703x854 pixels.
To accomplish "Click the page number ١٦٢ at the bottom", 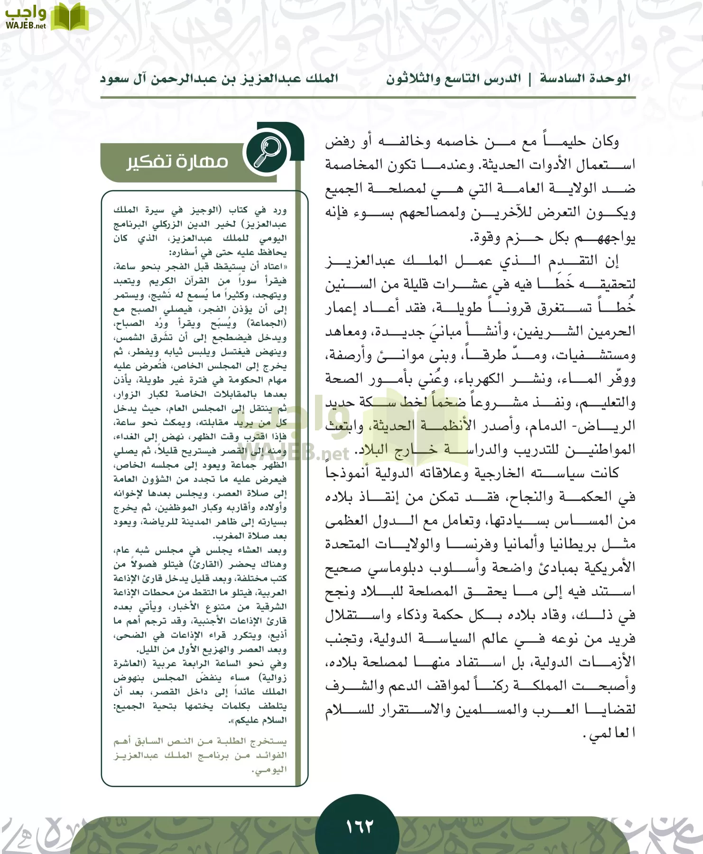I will tap(359, 826).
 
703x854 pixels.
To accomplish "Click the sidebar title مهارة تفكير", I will tap(177, 162).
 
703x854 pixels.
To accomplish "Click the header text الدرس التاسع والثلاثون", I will tap(453, 79).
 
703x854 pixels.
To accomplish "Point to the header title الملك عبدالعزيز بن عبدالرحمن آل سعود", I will tap(219, 79).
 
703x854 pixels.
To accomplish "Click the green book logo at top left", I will tap(69, 17).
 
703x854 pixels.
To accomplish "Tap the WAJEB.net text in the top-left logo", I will tap(26, 26).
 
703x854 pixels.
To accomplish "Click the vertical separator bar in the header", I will tap(530, 79).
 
